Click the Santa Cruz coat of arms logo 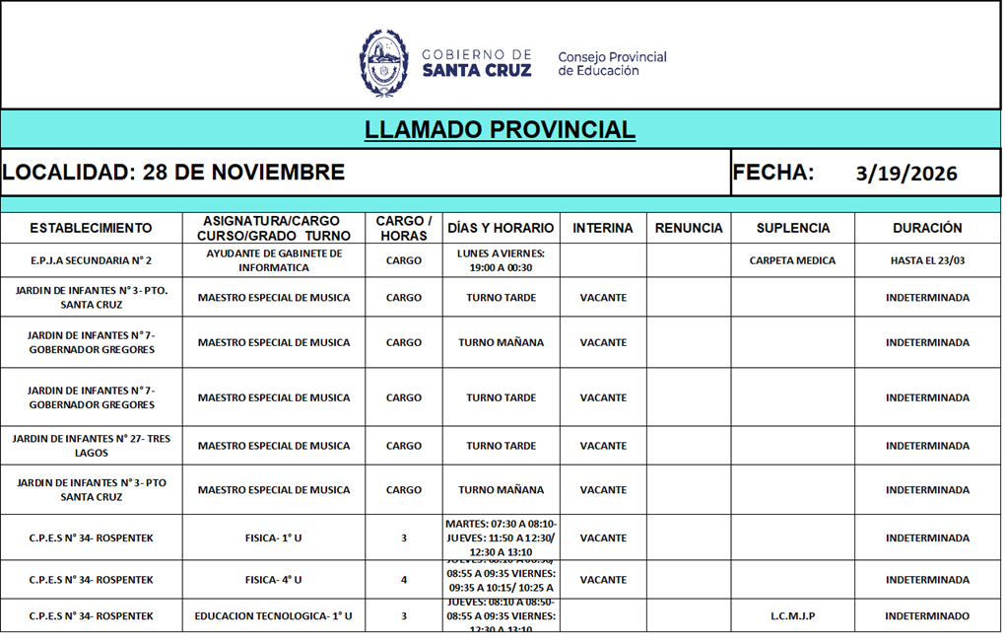coord(383,62)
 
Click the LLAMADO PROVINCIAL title coord(500,130)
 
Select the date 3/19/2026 coord(906,174)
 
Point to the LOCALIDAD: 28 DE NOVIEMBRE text coord(173,173)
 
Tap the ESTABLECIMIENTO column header coord(91,228)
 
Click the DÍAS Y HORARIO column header coord(501,228)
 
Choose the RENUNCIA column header coord(689,228)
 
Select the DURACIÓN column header coord(927,228)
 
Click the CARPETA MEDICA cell coord(792,261)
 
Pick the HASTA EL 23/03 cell coord(927,261)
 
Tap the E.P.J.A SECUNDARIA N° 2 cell coord(91,261)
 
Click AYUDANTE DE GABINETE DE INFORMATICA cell coord(274,260)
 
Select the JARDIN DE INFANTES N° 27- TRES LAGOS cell coord(91,446)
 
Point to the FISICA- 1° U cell coord(274,538)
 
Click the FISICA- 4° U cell coord(274,580)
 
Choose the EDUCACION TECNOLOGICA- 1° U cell coord(274,616)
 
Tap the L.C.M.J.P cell coord(792,616)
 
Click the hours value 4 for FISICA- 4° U coord(404,580)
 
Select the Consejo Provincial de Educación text coord(612,64)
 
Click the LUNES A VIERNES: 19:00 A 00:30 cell coord(501,260)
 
